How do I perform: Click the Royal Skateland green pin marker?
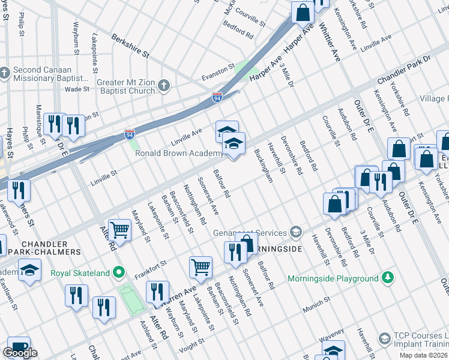119,273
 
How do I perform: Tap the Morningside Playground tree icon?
388,278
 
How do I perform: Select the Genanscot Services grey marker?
295,232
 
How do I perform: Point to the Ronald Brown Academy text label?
179,154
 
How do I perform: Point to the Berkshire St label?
130,46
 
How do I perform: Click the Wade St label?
77,89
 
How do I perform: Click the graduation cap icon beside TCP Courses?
382,339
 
